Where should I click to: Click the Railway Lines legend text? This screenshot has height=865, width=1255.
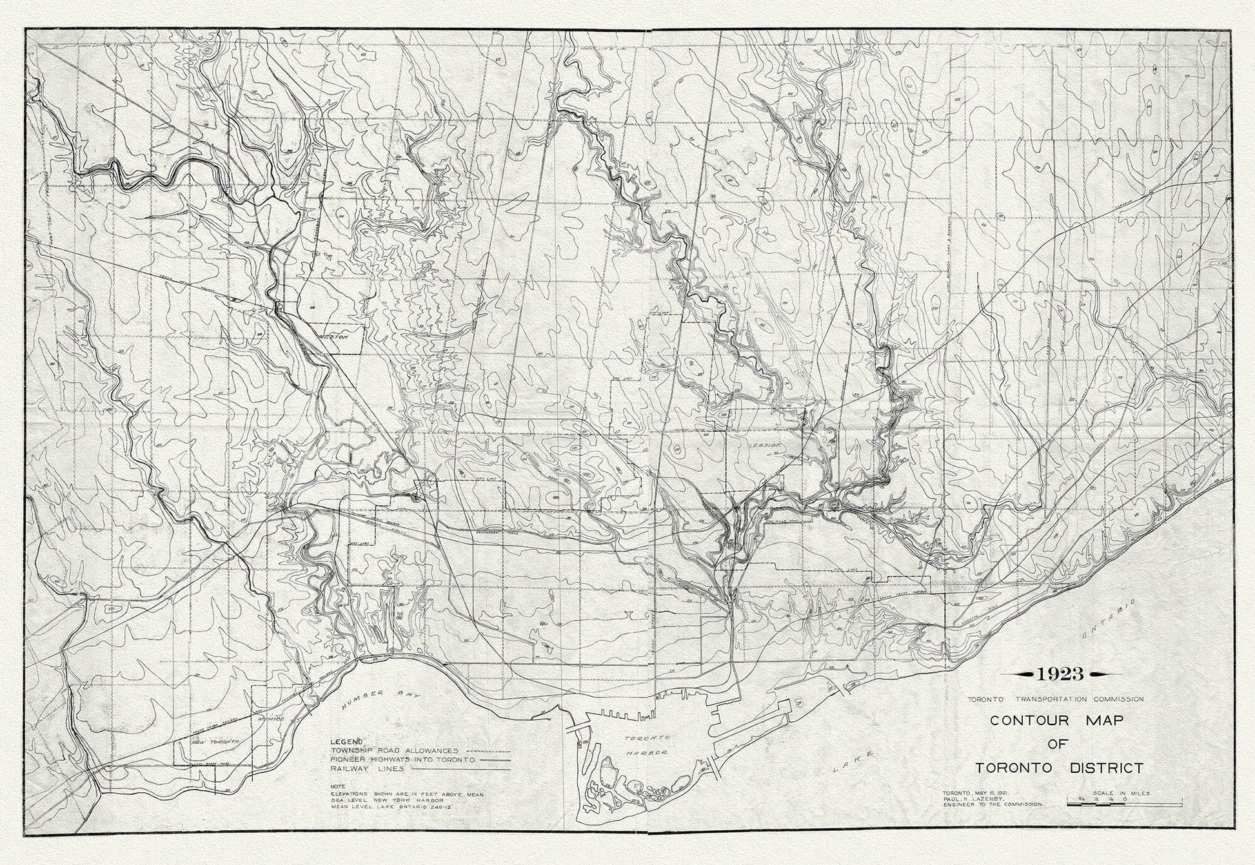point(368,769)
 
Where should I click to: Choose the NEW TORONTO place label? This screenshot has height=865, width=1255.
point(210,743)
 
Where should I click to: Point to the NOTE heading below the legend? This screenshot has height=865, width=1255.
point(338,786)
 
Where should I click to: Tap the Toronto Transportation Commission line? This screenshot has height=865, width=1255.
point(1054,699)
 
